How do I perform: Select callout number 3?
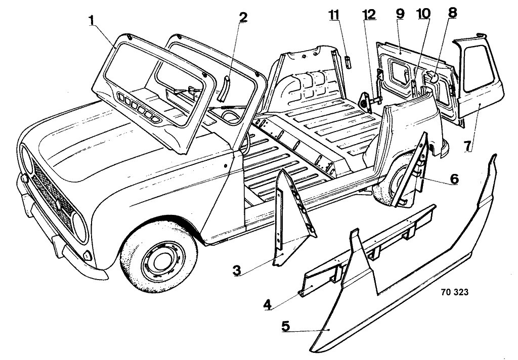click(236, 270)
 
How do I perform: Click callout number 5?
click(286, 326)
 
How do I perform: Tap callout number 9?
click(400, 14)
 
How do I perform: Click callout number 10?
click(424, 14)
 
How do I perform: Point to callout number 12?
click(369, 14)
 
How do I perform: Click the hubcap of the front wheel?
click(161, 258)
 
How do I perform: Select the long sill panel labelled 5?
click(405, 273)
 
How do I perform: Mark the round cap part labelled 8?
click(433, 77)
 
